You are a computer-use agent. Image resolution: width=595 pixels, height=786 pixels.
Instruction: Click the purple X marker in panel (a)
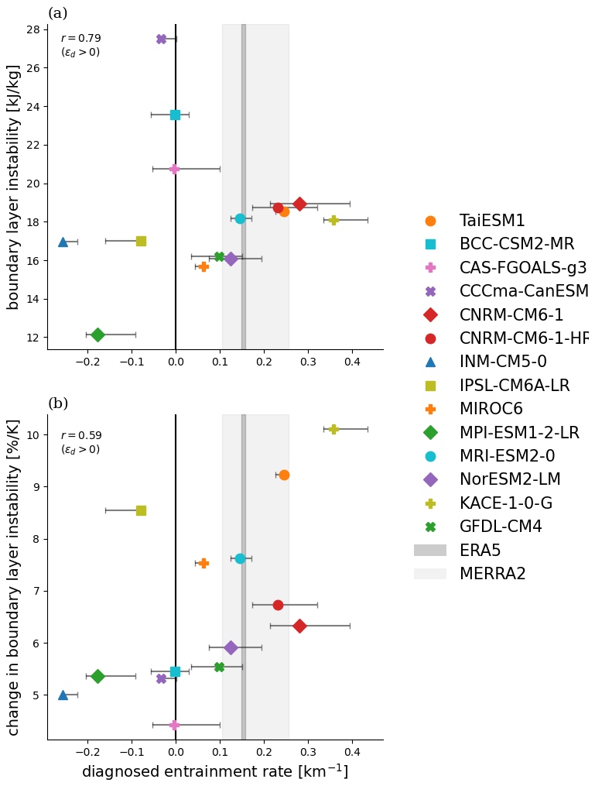tap(161, 39)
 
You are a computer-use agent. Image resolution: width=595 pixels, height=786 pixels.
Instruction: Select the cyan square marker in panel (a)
tap(175, 115)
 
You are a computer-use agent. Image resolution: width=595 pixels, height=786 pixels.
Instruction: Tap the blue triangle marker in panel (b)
tap(63, 695)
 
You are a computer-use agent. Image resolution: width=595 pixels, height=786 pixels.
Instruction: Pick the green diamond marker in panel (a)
tap(97, 335)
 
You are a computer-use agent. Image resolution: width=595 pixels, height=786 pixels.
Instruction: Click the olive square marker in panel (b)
tap(141, 510)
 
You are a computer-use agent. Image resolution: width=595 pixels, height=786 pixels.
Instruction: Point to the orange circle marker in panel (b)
tap(284, 475)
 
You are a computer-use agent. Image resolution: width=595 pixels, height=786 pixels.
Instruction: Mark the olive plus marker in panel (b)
tap(333, 429)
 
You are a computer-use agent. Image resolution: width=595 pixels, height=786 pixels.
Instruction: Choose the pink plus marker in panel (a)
tap(174, 169)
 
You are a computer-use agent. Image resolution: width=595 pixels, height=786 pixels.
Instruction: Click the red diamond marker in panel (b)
tap(299, 626)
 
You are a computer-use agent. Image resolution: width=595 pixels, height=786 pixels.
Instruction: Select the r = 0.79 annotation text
tap(80, 39)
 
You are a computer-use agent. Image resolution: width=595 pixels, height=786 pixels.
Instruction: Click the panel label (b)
tap(58, 403)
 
